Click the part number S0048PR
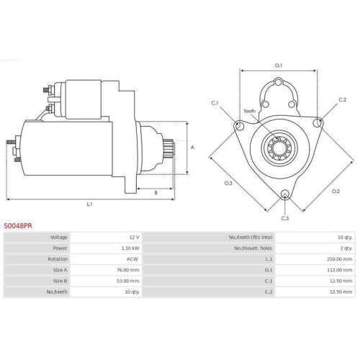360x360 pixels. pyautogui.click(x=18, y=226)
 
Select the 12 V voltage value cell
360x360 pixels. pyautogui.click(x=134, y=238)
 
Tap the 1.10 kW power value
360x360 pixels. pyautogui.click(x=130, y=248)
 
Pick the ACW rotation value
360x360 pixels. pyautogui.click(x=132, y=259)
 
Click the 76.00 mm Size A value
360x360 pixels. pyautogui.click(x=128, y=270)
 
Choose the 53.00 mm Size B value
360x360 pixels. pyautogui.click(x=128, y=281)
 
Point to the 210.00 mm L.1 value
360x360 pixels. pyautogui.click(x=339, y=259)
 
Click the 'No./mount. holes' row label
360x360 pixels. pyautogui.click(x=253, y=248)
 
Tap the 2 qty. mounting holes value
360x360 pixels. pyautogui.click(x=346, y=248)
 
